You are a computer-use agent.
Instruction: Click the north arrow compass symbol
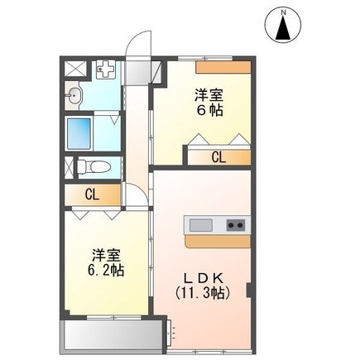coord(283,25)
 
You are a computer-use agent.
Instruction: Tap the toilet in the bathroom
coord(94,166)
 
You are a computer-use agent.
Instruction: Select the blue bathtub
coord(79,133)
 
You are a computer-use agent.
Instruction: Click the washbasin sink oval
coord(74,96)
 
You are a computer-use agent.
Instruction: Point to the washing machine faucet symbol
coord(104,69)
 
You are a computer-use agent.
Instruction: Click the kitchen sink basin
coord(201,225)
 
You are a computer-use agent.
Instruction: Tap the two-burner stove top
coord(236,225)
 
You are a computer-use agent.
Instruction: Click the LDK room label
coord(204,279)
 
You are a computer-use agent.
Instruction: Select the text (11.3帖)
coord(203,293)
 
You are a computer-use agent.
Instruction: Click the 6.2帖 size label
coord(106,271)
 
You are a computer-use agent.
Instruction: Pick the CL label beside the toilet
coord(92,195)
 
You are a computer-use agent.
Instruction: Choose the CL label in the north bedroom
coord(218,157)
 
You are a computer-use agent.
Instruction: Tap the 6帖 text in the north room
coord(209,111)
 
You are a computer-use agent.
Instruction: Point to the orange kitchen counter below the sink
coord(218,242)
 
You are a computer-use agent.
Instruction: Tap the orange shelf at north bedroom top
coord(223,67)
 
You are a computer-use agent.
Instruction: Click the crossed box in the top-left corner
coord(75,69)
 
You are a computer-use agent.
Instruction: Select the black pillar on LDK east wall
coord(248,290)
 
